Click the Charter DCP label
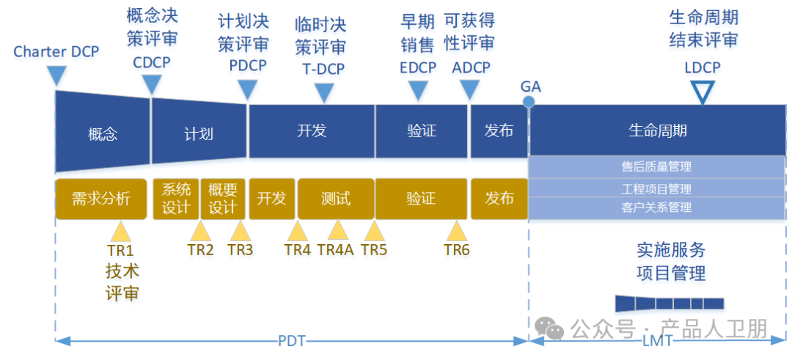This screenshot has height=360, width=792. pos(56,52)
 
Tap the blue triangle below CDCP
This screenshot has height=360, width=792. pos(151,85)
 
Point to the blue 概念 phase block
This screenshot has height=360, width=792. pos(103,133)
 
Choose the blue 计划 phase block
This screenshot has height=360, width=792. pos(199,133)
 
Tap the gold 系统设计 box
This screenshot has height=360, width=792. pos(175,199)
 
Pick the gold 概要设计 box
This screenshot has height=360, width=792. pos(222,199)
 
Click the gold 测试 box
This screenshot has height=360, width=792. pos(336,199)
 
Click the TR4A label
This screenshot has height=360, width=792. pos(336,249)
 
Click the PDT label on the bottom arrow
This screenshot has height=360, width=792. pos(292,341)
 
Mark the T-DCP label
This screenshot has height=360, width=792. pos(323,70)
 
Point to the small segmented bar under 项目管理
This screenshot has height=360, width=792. pos(670,303)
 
